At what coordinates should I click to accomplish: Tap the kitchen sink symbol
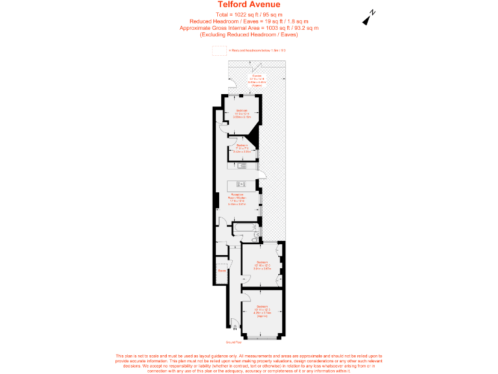(243, 166)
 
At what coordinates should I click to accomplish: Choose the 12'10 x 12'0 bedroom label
(261, 265)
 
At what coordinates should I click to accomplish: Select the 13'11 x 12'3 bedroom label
(261, 308)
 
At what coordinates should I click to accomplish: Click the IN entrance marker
(226, 329)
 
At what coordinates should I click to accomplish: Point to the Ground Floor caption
(233, 342)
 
